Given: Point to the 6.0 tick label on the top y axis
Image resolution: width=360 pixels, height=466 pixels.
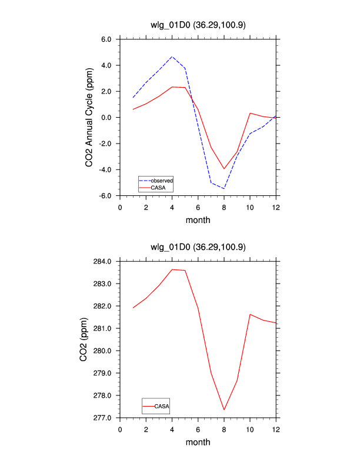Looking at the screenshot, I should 106,39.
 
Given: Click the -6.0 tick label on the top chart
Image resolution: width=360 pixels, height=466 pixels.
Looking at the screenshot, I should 105,195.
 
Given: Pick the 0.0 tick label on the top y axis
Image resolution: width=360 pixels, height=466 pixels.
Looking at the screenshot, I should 106,118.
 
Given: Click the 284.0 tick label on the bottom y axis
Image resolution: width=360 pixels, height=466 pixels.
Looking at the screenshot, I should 104,261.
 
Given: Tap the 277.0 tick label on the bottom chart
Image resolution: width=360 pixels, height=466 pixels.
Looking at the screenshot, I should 104,418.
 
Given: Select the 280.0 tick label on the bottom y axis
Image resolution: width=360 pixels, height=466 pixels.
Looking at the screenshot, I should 104,351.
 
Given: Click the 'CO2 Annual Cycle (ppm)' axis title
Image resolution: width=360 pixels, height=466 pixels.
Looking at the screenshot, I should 89,118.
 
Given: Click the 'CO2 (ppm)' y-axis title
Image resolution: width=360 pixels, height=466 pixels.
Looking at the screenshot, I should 84,339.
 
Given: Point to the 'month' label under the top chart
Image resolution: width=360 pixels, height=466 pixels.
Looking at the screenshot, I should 198,220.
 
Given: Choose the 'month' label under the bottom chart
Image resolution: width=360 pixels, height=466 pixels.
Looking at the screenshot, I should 198,442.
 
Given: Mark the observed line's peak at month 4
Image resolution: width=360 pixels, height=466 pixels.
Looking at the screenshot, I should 172,57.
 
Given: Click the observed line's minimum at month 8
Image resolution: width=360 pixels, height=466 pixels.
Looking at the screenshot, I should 224,188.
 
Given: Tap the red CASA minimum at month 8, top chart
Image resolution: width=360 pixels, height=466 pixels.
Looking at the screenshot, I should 224,169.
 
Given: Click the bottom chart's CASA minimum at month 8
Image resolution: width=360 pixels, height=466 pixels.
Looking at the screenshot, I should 224,410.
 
